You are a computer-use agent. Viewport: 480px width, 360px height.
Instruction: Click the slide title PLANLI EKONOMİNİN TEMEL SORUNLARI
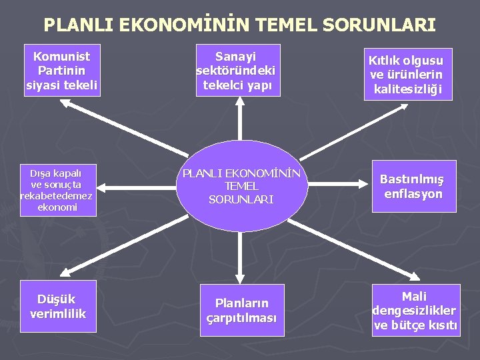(x=239, y=25)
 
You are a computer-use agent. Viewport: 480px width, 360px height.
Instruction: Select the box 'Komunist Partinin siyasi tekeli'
(x=61, y=70)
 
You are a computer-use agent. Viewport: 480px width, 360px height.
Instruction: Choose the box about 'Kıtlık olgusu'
(x=407, y=74)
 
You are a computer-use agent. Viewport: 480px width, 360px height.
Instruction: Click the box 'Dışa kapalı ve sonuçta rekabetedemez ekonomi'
(x=57, y=189)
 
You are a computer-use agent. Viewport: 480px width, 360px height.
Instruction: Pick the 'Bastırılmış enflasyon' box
(x=413, y=186)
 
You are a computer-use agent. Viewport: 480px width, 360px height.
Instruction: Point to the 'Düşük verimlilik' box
(x=58, y=307)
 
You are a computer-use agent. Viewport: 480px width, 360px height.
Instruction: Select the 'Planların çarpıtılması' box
(x=241, y=311)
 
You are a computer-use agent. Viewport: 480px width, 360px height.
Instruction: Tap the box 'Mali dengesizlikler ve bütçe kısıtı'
(x=415, y=311)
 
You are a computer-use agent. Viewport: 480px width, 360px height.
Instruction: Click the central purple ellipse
(x=241, y=186)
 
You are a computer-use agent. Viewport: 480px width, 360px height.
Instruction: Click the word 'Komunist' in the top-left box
(x=61, y=56)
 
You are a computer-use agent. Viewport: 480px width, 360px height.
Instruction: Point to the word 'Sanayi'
(x=236, y=56)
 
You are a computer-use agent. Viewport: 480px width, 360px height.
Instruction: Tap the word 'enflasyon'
(x=413, y=194)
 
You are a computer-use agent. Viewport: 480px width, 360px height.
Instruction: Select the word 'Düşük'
(x=57, y=299)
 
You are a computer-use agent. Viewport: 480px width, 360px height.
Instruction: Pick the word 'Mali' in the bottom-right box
(x=414, y=296)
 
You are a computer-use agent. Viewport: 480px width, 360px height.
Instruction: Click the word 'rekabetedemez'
(x=57, y=195)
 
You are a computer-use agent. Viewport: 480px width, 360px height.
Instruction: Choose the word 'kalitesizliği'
(x=408, y=89)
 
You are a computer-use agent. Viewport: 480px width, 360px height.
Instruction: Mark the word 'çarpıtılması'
(x=241, y=318)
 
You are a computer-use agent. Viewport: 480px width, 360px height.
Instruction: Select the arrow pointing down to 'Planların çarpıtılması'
(x=238, y=253)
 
